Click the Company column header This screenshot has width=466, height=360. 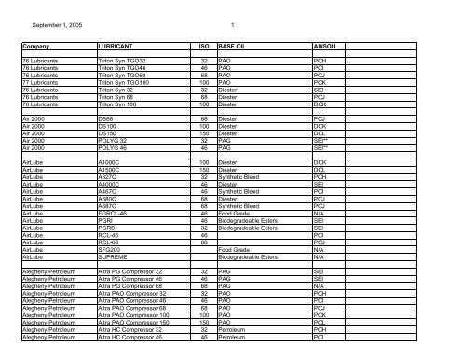(40, 44)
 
